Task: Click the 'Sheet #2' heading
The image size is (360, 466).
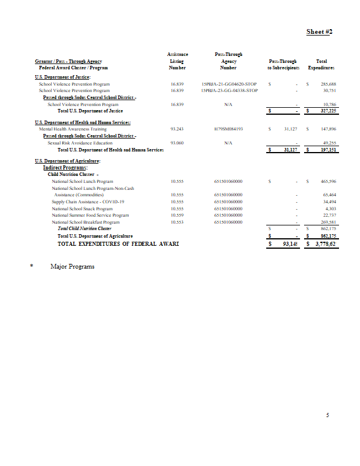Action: point(319,31)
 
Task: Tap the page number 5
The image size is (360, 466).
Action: point(328,415)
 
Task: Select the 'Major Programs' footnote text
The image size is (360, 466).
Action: point(73,266)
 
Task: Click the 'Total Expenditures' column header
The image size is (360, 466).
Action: point(321,65)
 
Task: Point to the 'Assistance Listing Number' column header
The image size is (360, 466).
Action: point(177,61)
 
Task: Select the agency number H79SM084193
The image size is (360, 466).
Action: point(228,129)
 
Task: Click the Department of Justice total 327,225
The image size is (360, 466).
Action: point(329,111)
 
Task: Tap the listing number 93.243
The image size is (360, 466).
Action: point(177,129)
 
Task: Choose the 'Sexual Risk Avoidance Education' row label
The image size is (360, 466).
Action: point(80,143)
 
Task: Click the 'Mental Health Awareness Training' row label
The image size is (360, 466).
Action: point(73,129)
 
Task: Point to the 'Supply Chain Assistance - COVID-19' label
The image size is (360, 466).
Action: point(88,202)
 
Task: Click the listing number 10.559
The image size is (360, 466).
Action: point(177,215)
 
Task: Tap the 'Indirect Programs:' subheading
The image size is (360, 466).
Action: point(65,167)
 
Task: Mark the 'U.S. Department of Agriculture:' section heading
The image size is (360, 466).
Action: point(68,160)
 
